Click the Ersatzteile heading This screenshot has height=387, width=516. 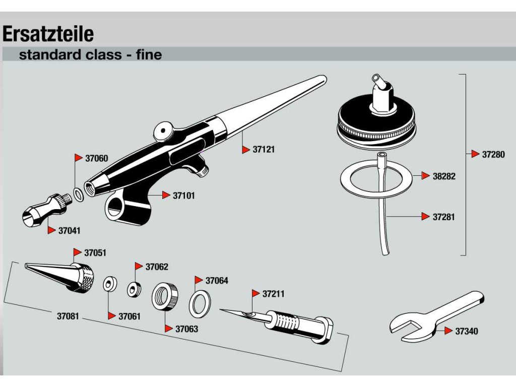point(48,34)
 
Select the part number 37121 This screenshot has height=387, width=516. point(264,150)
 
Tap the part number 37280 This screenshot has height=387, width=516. point(493,155)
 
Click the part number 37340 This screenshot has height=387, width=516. point(467,331)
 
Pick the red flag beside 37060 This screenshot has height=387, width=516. point(79,158)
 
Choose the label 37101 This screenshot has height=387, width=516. point(184,195)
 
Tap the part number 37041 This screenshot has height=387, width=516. point(70,230)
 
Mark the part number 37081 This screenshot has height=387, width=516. point(68,316)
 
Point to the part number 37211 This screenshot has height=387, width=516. point(274,294)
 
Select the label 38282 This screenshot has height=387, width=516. point(444,176)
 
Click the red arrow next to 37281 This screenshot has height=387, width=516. point(425,217)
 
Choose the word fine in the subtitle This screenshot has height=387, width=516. point(149,54)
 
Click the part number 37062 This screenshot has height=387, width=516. point(157,267)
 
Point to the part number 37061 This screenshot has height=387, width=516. point(130,316)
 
